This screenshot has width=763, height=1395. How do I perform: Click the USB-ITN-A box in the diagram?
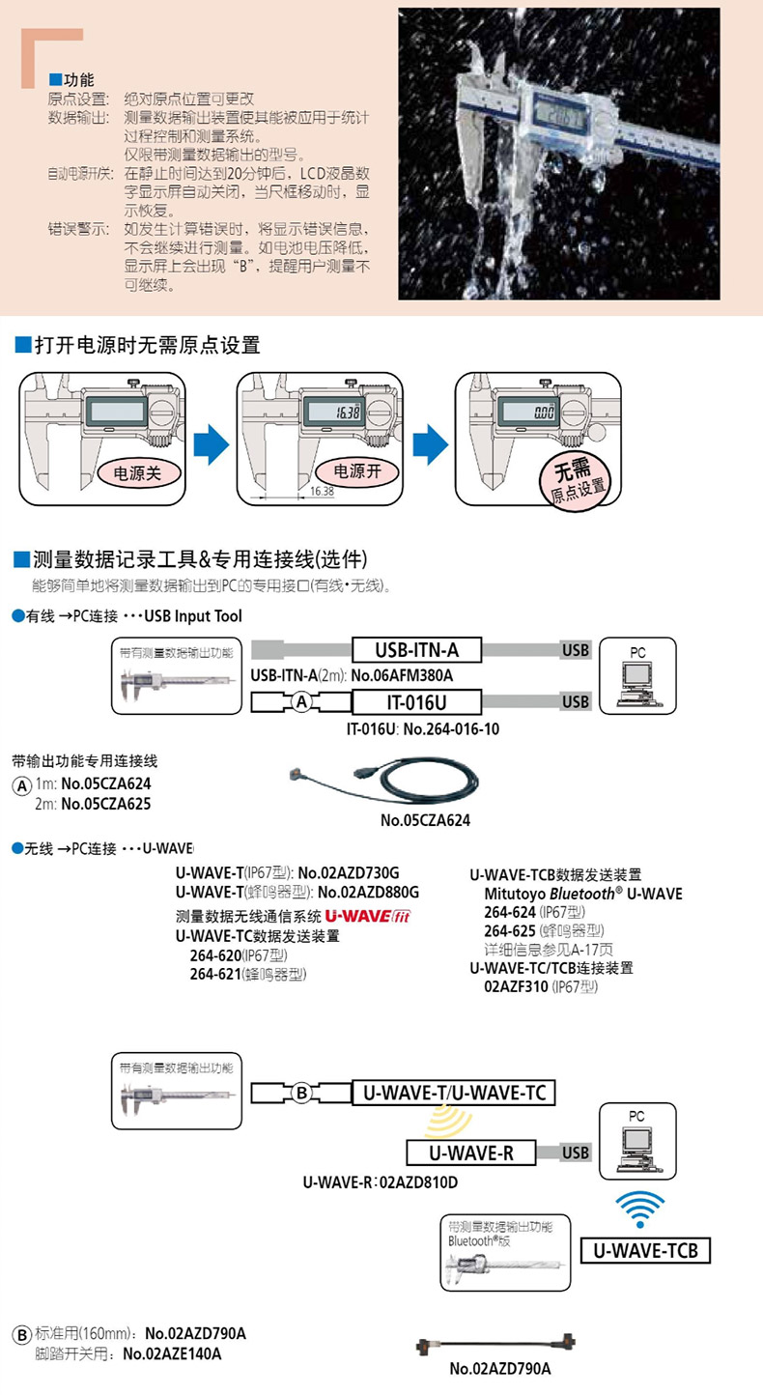point(415,650)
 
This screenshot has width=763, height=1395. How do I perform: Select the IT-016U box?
point(415,701)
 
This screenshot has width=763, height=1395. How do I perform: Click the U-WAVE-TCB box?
point(645,1251)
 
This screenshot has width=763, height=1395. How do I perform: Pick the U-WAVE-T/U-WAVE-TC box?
point(453,1093)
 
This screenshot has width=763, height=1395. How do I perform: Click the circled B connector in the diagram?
point(301,1093)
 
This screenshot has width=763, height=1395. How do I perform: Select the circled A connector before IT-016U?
point(301,702)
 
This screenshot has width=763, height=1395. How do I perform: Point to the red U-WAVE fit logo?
point(368,917)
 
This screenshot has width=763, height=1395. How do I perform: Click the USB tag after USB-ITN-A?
point(575,650)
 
